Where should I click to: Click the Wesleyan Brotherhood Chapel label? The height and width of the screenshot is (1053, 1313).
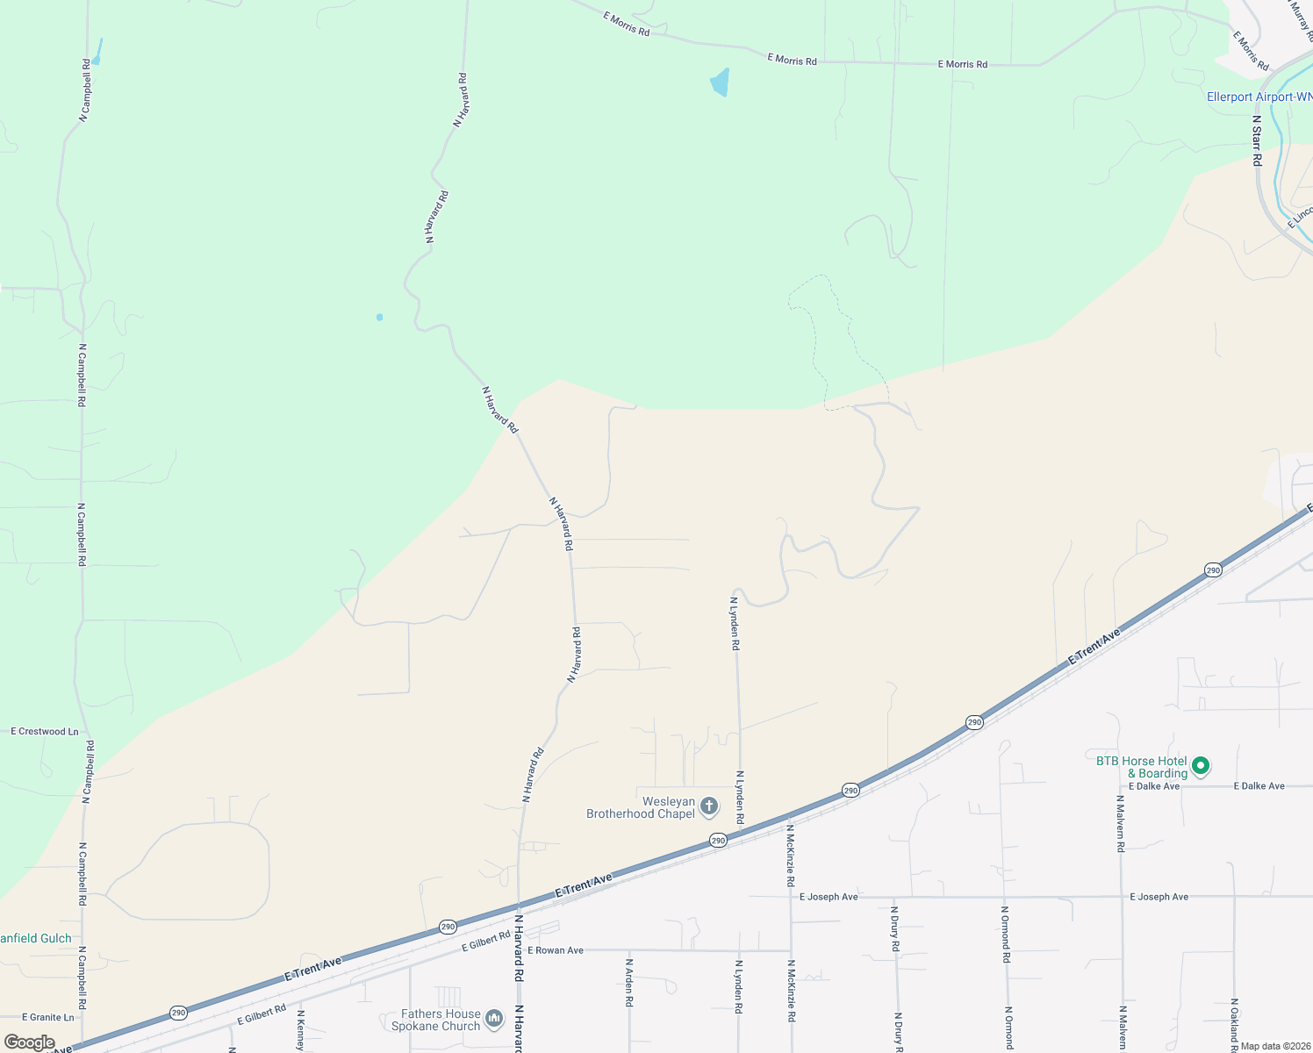(x=641, y=807)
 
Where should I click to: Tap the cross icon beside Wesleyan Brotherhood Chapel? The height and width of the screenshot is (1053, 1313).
(x=709, y=806)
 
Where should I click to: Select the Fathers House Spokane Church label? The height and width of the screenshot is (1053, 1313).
(x=436, y=1020)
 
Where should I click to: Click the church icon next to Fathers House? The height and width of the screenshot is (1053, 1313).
(x=494, y=1018)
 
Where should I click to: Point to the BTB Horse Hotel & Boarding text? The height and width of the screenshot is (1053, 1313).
(x=1142, y=767)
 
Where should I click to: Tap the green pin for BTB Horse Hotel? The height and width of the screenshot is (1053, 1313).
(x=1201, y=766)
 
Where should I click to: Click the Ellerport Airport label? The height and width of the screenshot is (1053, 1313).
(x=1259, y=97)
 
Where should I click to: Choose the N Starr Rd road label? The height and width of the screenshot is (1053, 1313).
(x=1257, y=140)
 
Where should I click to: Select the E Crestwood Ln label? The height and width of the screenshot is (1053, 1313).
(x=45, y=731)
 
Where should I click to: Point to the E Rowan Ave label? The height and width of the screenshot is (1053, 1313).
(x=556, y=950)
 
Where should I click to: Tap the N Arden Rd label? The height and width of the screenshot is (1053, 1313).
(x=629, y=982)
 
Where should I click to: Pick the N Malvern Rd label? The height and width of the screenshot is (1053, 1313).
(x=1120, y=824)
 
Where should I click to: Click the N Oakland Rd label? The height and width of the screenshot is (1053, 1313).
(x=1234, y=1024)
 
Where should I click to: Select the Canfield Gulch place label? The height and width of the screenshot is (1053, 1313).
(x=35, y=938)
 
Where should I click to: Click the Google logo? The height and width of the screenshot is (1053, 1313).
(x=29, y=1042)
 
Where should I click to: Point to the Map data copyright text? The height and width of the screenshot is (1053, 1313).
(x=1275, y=1046)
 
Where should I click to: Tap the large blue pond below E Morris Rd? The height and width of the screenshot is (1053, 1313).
(x=720, y=82)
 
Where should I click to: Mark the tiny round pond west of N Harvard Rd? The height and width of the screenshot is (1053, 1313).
(x=379, y=317)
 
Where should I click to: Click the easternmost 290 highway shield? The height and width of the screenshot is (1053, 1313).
(x=1213, y=570)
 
